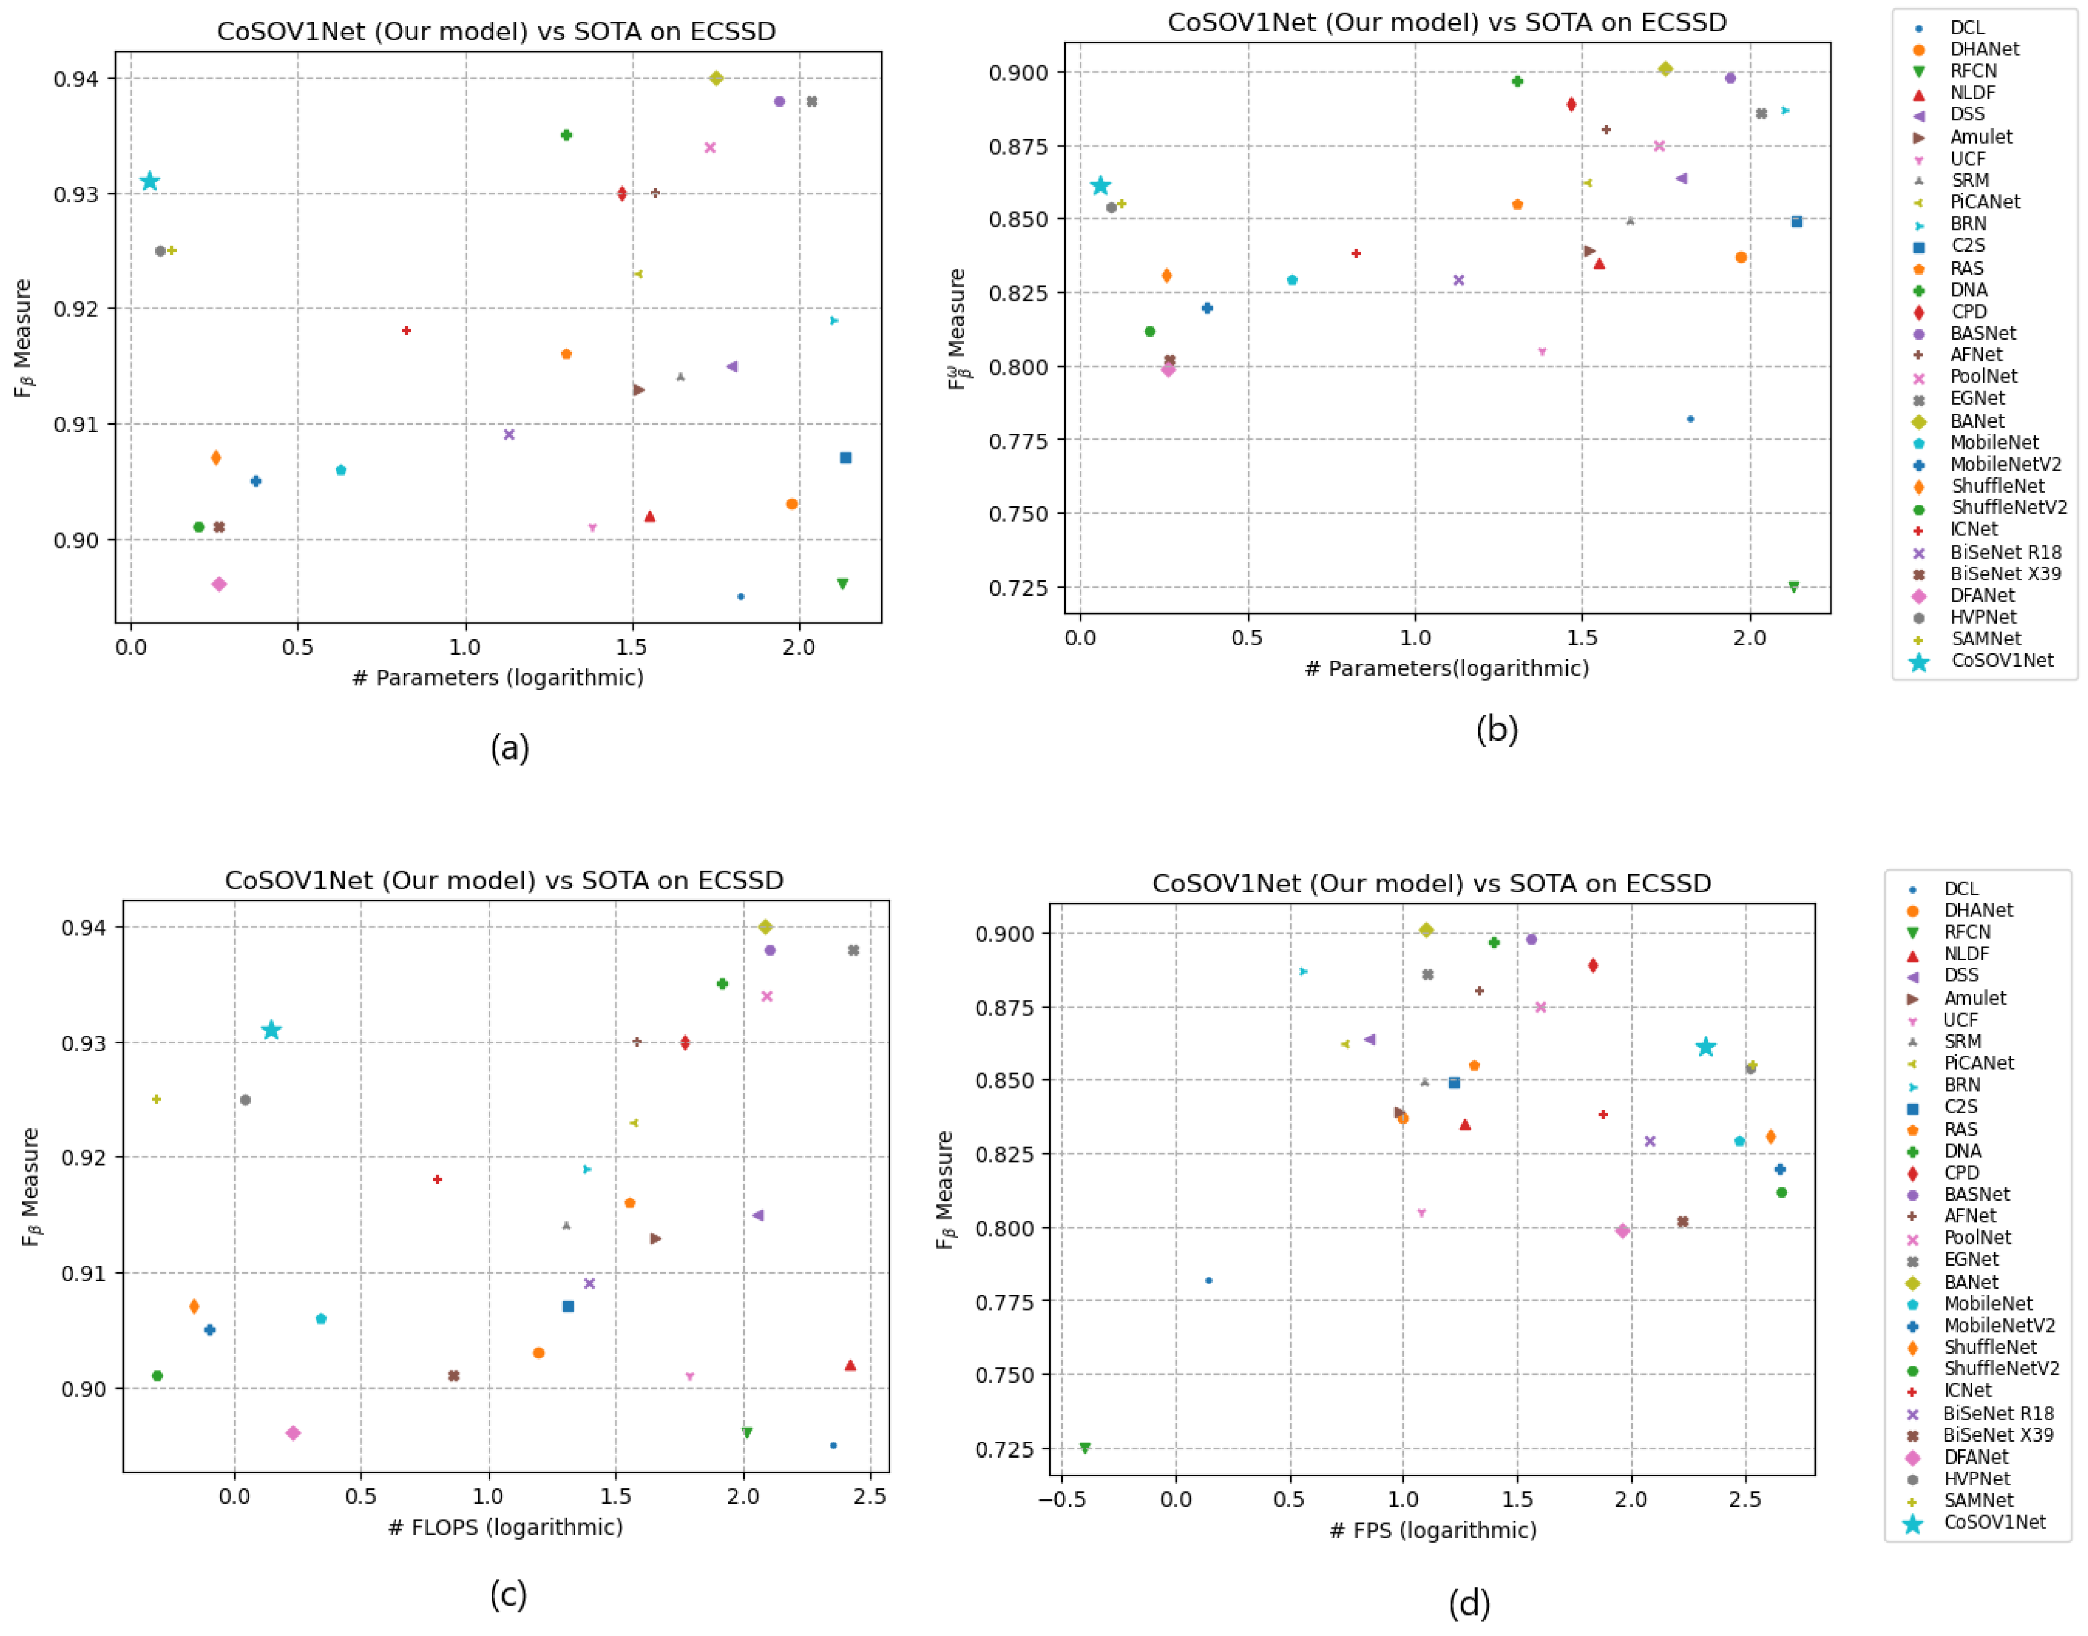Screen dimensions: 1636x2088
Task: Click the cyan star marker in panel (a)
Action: coord(149,181)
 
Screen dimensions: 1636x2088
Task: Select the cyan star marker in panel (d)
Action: coord(1705,1047)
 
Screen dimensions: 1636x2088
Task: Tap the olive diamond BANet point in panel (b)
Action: coord(1666,69)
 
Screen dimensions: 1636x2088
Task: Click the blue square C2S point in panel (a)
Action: coord(845,458)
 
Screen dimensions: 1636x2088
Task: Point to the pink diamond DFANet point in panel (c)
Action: coord(293,1433)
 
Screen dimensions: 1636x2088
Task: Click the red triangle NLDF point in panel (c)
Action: coord(850,1365)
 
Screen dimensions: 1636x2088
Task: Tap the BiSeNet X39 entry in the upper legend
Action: coord(2005,574)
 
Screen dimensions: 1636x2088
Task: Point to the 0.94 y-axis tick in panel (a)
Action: coord(76,78)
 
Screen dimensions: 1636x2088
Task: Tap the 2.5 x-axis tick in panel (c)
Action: coord(869,1496)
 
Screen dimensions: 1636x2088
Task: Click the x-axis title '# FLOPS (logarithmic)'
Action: coord(505,1527)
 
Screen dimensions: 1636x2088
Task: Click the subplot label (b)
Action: coord(1497,730)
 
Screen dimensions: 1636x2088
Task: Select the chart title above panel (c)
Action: coord(504,880)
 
